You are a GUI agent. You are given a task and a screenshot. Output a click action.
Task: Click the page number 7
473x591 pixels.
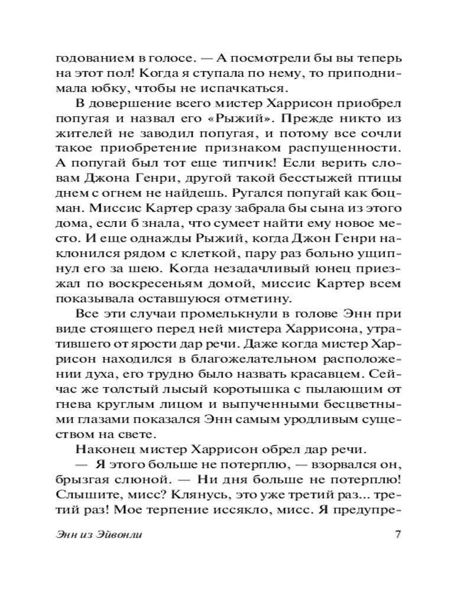point(398,535)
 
